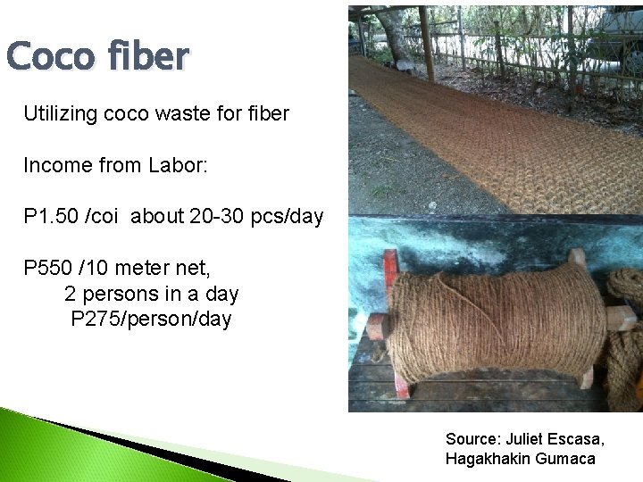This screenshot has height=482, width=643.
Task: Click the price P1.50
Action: tap(50, 217)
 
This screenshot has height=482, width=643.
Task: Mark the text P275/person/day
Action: tap(151, 319)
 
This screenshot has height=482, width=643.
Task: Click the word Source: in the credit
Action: tap(472, 439)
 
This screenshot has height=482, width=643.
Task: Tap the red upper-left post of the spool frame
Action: tap(390, 266)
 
